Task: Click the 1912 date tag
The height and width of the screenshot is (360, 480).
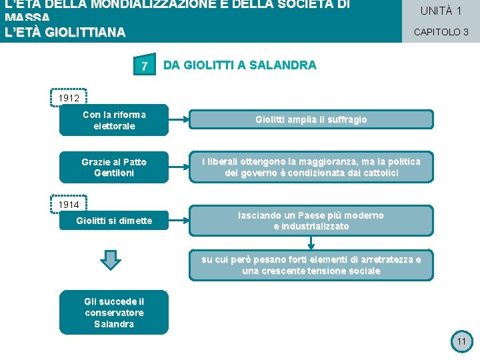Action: [x=69, y=98]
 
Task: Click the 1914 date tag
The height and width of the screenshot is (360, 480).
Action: [x=69, y=204]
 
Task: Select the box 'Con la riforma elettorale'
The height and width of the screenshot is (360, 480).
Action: [x=114, y=121]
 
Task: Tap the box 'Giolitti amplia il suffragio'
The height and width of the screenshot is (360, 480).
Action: [x=311, y=120]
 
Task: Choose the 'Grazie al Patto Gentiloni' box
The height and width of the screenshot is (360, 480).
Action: [x=114, y=167]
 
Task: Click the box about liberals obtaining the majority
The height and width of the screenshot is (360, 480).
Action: [x=311, y=167]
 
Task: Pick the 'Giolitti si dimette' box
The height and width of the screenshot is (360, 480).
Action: [x=114, y=221]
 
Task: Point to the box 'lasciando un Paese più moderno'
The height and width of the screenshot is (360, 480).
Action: [x=311, y=221]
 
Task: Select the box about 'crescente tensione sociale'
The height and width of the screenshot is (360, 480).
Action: [x=311, y=265]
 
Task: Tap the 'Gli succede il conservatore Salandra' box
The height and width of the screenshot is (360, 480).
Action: [x=114, y=313]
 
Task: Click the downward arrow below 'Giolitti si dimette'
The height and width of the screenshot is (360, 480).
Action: [x=112, y=259]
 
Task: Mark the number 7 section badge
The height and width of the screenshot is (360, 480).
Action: [x=144, y=66]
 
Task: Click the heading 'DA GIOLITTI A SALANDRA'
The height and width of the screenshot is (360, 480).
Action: [x=240, y=65]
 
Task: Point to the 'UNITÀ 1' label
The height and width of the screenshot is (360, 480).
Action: [x=441, y=11]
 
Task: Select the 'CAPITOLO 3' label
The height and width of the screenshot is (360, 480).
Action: [x=441, y=32]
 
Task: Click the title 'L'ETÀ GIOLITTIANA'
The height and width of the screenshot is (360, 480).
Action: [x=65, y=33]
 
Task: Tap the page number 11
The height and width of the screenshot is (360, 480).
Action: [x=461, y=342]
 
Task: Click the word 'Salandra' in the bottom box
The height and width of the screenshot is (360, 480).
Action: [x=114, y=324]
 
